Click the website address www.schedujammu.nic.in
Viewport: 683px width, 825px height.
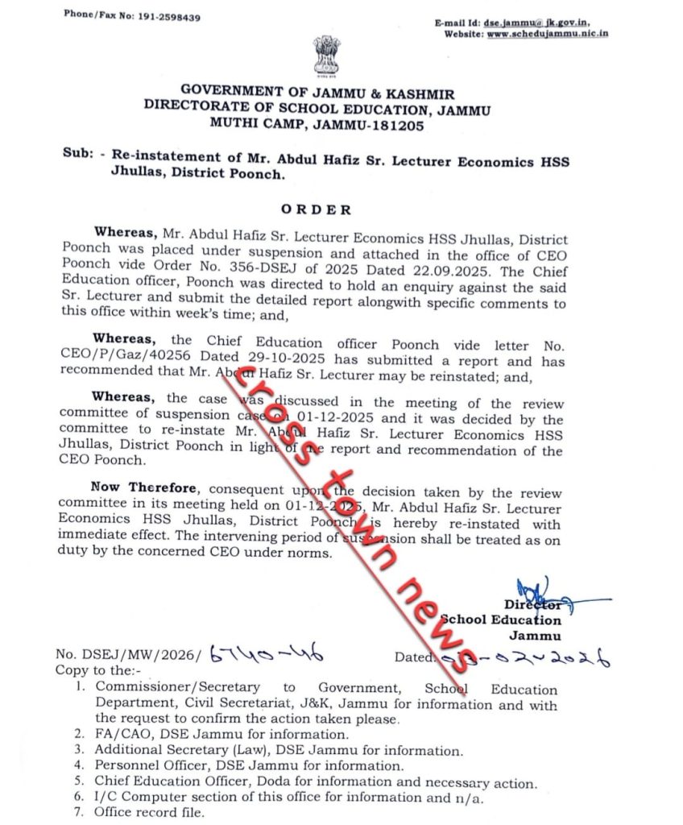[x=547, y=34]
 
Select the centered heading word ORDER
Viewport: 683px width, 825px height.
[x=316, y=209]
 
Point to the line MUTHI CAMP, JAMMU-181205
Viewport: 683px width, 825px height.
[x=317, y=124]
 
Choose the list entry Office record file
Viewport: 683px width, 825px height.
[x=149, y=812]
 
